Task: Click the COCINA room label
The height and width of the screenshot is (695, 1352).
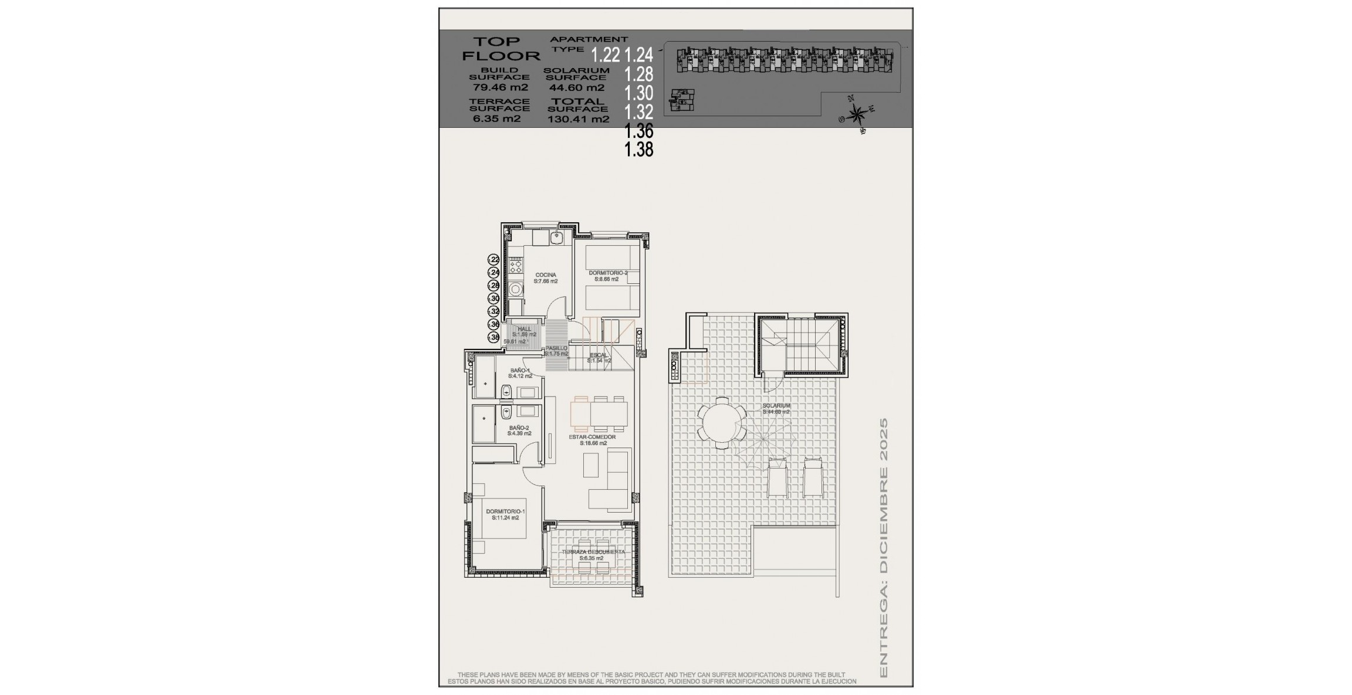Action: click(x=545, y=275)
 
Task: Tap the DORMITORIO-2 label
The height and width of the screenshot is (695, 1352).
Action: click(x=607, y=273)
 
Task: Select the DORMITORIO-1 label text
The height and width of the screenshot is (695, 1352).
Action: click(x=505, y=511)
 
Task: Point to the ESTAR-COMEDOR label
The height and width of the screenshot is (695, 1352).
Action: click(x=592, y=437)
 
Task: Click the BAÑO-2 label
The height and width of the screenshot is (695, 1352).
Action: click(x=519, y=428)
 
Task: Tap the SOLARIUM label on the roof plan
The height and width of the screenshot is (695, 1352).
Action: click(x=776, y=406)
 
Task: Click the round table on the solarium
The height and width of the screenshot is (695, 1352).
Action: click(x=721, y=422)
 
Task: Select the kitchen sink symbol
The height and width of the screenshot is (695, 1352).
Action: click(x=556, y=238)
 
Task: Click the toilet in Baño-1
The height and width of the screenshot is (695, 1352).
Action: click(x=506, y=391)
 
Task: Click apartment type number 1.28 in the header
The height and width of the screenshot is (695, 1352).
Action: click(x=638, y=74)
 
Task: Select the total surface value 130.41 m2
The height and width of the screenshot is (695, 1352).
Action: click(x=578, y=119)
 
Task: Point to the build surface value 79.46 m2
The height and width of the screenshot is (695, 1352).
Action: click(x=500, y=87)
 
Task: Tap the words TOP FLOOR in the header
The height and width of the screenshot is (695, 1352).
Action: click(x=500, y=49)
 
